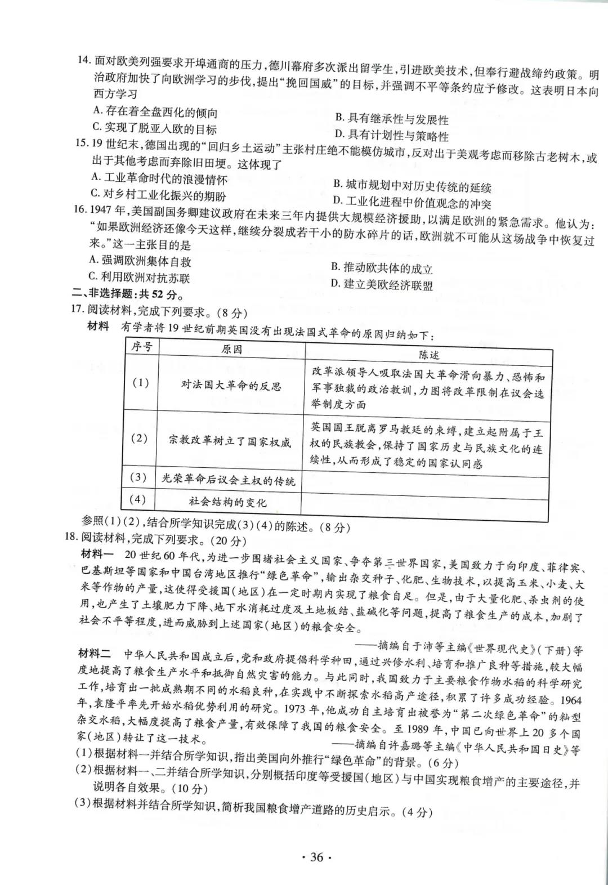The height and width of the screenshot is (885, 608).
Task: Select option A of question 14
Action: point(155,112)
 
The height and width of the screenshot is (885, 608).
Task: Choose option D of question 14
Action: point(391,136)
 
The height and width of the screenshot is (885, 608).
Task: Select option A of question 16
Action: point(140,260)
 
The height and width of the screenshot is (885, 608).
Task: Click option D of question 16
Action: point(381,284)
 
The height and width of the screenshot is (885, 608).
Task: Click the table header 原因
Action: point(231,350)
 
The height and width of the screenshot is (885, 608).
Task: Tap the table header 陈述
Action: point(428,354)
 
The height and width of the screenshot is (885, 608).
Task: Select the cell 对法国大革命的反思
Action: point(231,386)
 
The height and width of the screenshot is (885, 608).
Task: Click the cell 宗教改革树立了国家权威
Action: point(230,442)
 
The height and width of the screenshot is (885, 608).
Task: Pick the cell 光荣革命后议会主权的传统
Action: point(228,480)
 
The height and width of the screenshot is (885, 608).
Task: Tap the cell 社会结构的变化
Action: point(228,502)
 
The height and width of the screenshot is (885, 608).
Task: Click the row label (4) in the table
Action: point(138,499)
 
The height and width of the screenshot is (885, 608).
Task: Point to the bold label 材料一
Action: point(97,555)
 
